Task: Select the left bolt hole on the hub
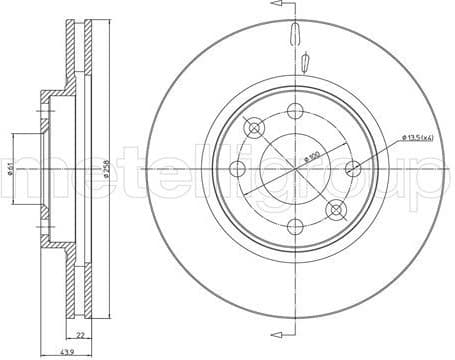(237, 169)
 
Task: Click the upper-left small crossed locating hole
(254, 127)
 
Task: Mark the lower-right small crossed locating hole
(335, 209)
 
